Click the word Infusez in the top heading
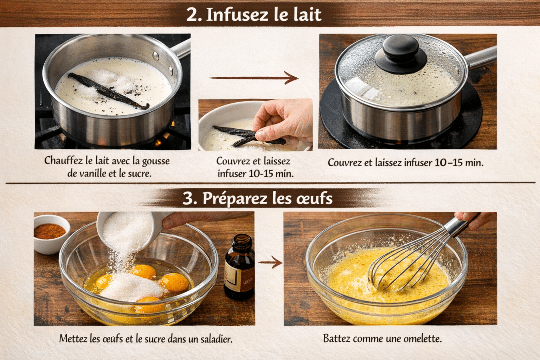click(239, 15)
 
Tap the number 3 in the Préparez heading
click(189, 198)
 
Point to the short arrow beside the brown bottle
click(270, 262)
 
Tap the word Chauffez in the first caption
click(63, 161)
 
